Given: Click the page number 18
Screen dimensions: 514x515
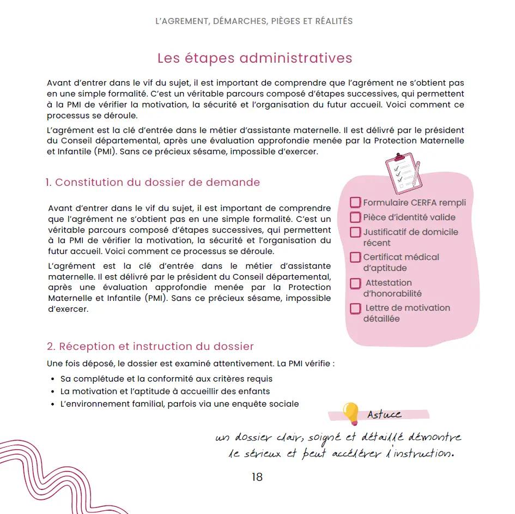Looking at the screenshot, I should [x=257, y=477].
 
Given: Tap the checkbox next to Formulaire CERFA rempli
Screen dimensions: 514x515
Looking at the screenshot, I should [x=355, y=203].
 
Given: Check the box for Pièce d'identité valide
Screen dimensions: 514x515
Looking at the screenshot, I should [x=355, y=217].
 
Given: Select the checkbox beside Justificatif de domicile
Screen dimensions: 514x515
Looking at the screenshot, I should [x=355, y=232].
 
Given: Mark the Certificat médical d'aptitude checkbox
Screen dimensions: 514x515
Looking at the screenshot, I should [x=355, y=257].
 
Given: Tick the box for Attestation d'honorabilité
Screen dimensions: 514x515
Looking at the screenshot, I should [x=355, y=283].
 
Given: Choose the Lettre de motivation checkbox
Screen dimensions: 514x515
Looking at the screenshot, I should [x=355, y=309].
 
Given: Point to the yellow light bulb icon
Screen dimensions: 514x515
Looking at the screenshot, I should [x=350, y=413].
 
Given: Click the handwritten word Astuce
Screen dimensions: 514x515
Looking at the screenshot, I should [x=384, y=415].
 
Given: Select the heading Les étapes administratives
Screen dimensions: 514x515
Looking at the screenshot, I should [x=255, y=58].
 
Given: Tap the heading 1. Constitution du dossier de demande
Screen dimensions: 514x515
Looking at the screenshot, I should [x=153, y=183].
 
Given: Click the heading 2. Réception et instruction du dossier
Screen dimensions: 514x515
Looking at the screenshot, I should [x=150, y=347].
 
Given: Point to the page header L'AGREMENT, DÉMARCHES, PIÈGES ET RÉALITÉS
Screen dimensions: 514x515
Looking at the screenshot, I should [x=254, y=21].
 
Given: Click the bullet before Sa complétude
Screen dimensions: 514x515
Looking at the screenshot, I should [x=52, y=379].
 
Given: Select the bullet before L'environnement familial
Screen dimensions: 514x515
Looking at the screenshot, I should [x=52, y=404].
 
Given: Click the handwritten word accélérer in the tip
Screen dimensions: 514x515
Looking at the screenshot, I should [x=357, y=453].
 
